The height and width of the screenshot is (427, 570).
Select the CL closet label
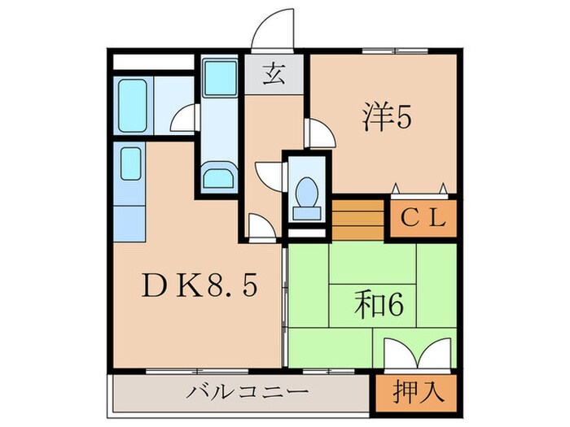coord(423,217)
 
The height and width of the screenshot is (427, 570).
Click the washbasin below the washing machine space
coord(219,177)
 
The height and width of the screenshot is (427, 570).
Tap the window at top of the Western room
coord(384,51)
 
